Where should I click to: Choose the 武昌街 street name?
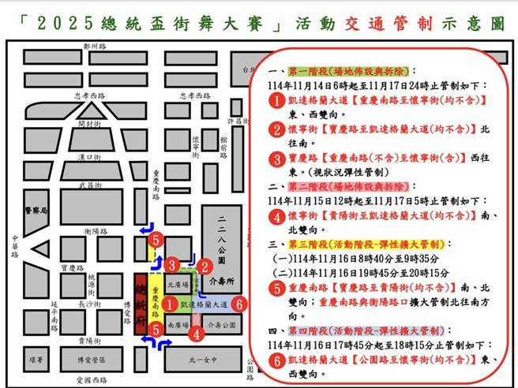click(90, 185)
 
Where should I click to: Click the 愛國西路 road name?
click(88, 380)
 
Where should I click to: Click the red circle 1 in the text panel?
click(275, 101)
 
